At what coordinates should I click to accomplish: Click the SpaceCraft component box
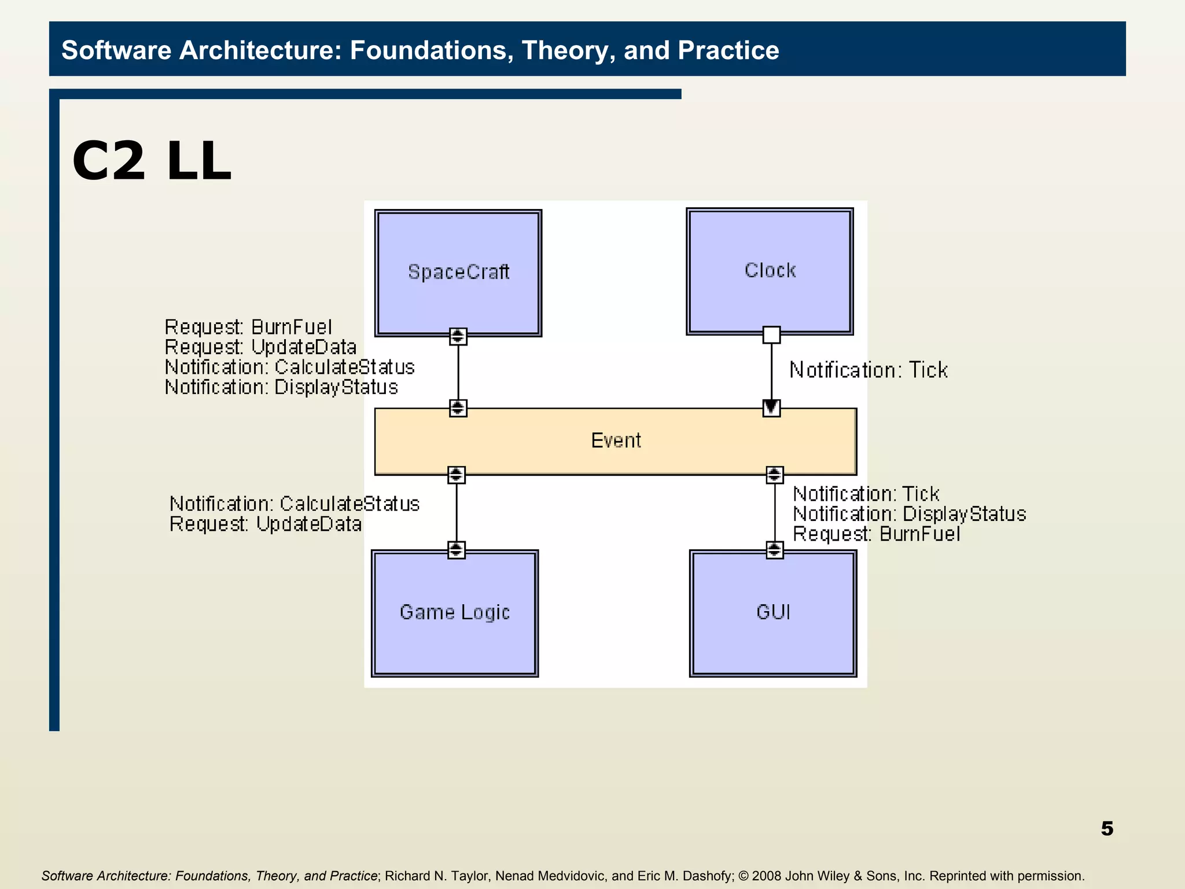point(458,273)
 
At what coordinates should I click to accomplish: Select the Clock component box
point(770,271)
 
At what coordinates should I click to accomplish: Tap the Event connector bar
point(616,441)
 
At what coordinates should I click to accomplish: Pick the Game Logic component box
point(455,612)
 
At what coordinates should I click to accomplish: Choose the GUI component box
point(773,612)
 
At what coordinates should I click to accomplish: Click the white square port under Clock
point(771,335)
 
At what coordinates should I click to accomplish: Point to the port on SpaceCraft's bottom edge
point(458,336)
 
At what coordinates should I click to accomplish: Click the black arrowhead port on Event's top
point(771,408)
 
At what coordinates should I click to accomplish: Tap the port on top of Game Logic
point(457,549)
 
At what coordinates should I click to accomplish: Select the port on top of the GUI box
point(775,549)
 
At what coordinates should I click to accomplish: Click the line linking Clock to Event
point(771,370)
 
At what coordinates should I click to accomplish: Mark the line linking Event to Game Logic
point(457,512)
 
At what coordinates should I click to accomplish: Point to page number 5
point(1107,828)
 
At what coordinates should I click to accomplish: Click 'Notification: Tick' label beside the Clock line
point(868,370)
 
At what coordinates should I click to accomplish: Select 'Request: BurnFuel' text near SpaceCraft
point(248,327)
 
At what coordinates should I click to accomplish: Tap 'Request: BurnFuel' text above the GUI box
point(876,534)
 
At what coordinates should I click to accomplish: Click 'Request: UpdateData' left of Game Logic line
point(266,524)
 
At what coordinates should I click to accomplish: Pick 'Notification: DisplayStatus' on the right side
point(909,514)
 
